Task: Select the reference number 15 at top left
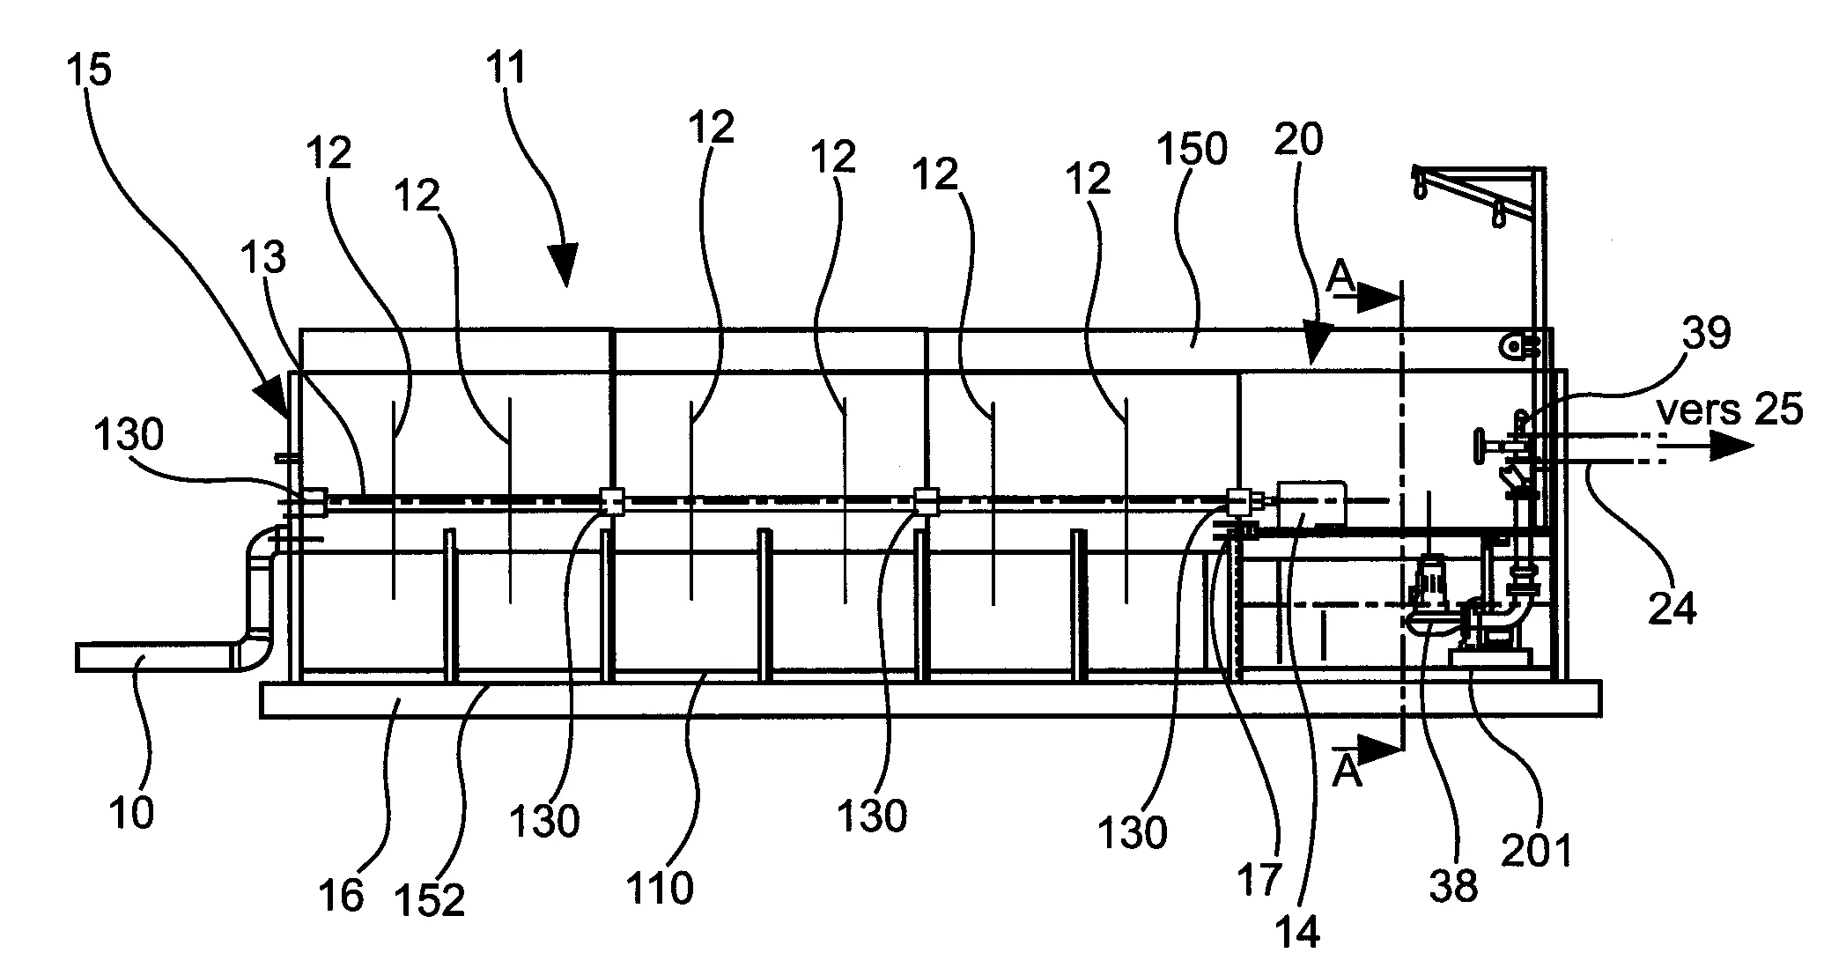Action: click(x=90, y=70)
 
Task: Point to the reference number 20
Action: click(x=1298, y=140)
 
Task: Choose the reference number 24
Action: click(x=1672, y=608)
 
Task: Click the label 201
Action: click(x=1536, y=851)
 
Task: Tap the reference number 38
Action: click(x=1453, y=886)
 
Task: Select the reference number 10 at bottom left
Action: click(x=132, y=812)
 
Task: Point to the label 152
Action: click(x=430, y=900)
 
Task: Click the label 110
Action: click(x=660, y=889)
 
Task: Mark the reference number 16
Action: click(x=342, y=897)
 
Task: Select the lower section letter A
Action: click(x=1348, y=772)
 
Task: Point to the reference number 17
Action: click(x=1259, y=881)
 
